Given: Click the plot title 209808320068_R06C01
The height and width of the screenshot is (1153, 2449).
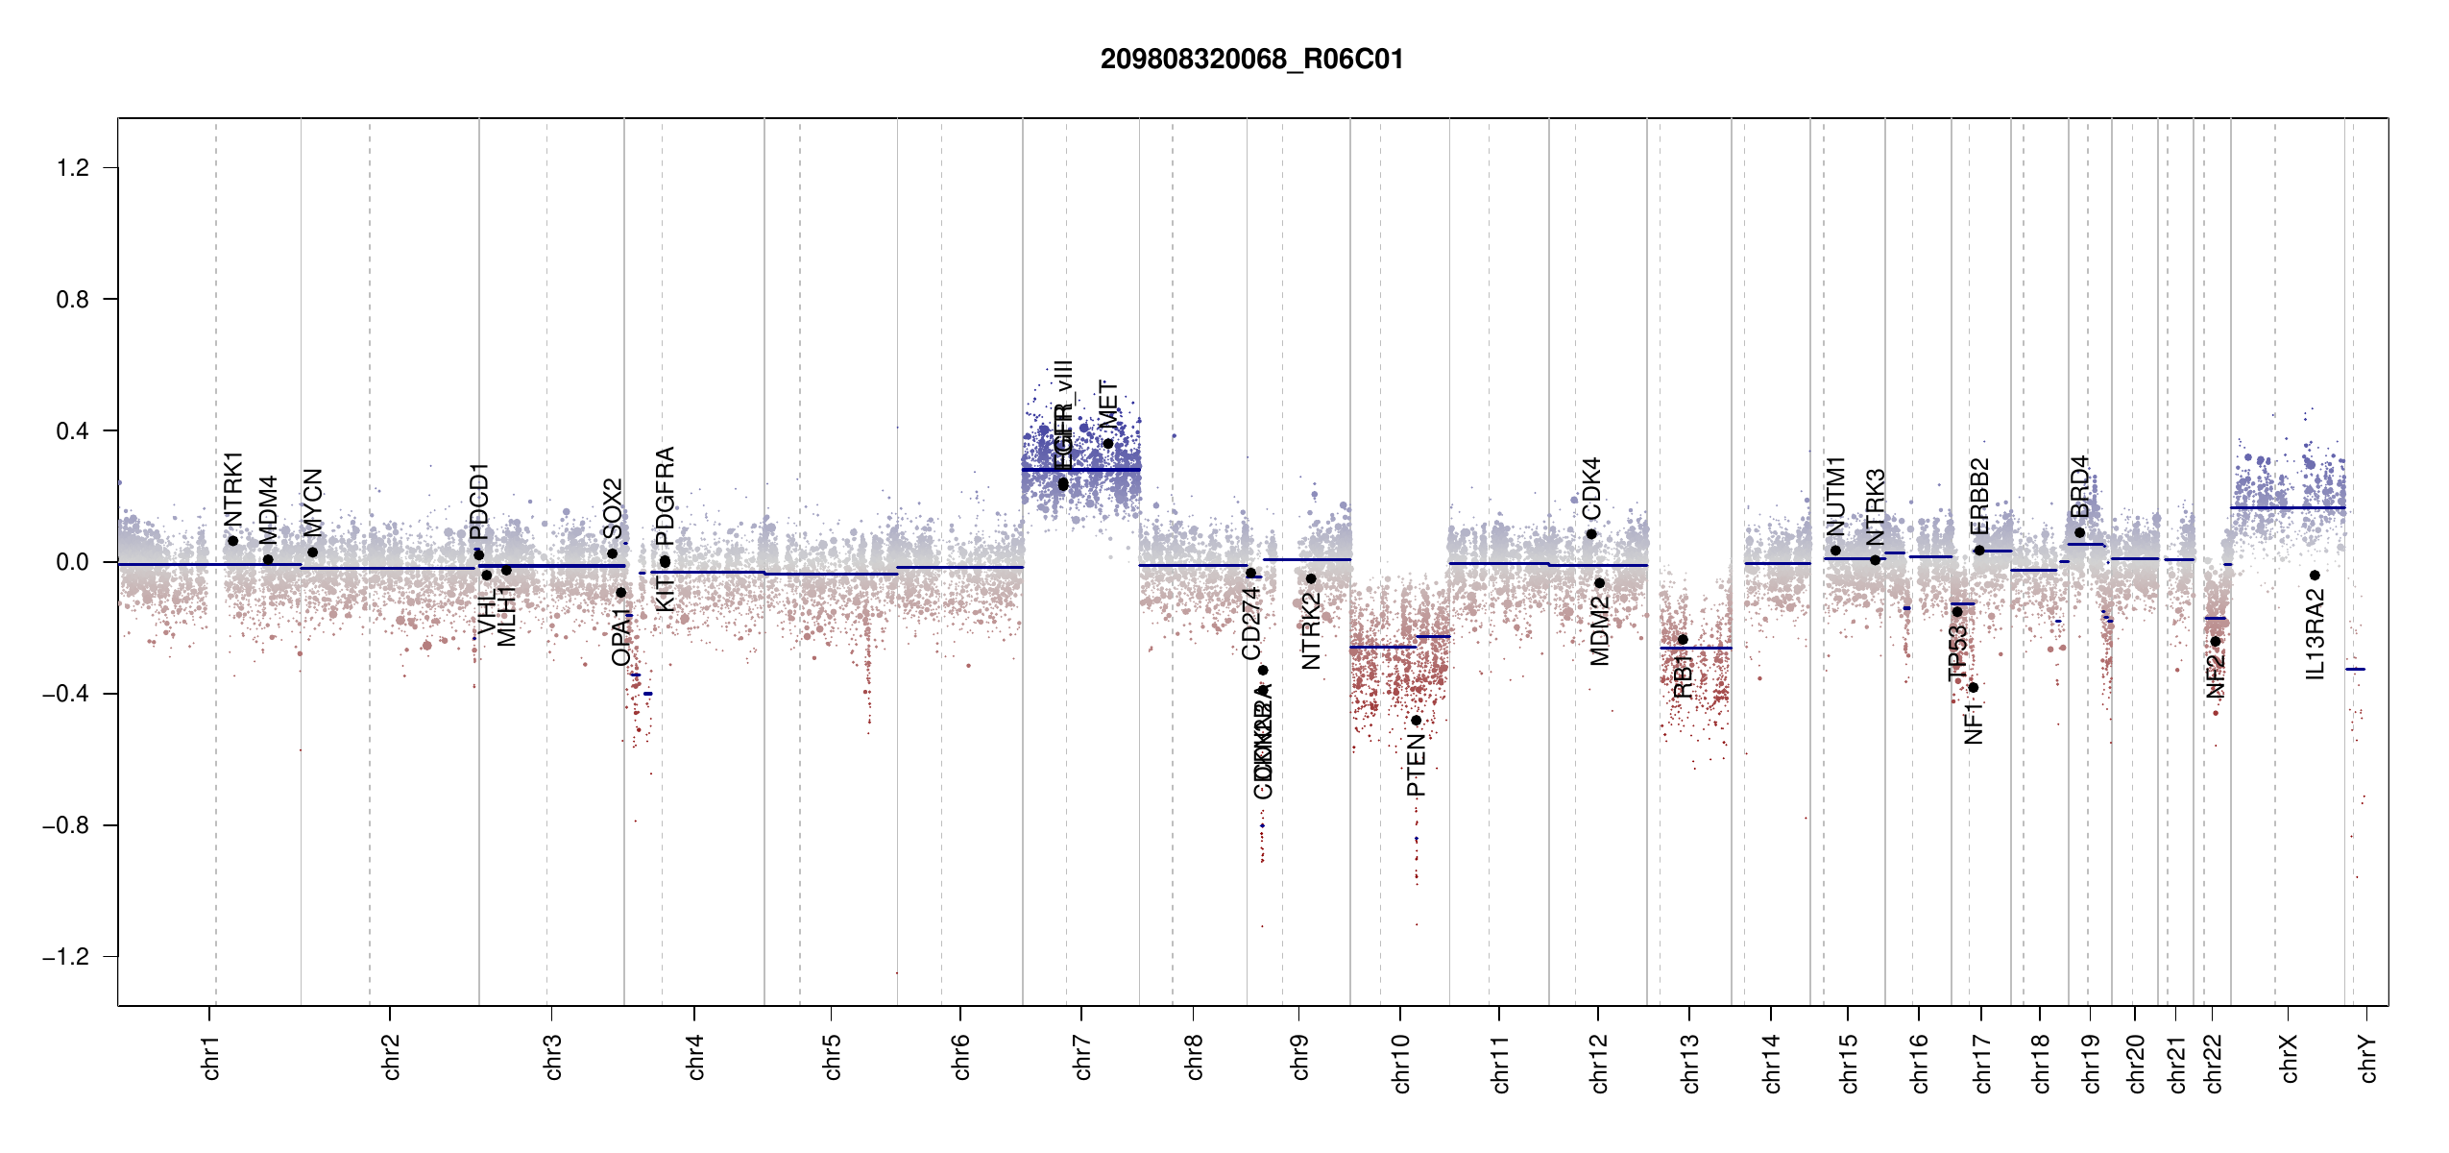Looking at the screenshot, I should (x=1251, y=60).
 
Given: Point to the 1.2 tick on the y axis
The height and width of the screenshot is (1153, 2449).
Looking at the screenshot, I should (x=73, y=168).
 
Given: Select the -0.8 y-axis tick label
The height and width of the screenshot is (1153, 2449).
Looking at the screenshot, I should (x=65, y=825).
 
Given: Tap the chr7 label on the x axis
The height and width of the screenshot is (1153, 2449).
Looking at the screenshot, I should (x=1082, y=1057).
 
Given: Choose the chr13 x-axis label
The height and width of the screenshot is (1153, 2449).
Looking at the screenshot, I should (x=1689, y=1063).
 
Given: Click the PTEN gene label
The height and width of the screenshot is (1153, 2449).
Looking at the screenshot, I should (x=1416, y=766).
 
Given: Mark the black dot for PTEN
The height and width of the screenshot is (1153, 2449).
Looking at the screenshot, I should (x=1416, y=721).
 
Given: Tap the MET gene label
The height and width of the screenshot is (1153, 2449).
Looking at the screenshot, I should (x=1108, y=405).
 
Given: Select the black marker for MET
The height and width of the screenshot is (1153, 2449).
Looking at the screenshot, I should (x=1108, y=443).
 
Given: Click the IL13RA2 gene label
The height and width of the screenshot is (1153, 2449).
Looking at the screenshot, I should (x=2315, y=635).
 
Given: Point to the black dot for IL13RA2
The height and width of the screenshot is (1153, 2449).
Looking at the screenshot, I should (x=2315, y=576).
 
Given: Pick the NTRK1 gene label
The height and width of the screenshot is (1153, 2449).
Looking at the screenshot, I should (x=233, y=489).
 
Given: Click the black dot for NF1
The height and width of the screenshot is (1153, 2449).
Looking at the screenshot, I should (x=1973, y=687).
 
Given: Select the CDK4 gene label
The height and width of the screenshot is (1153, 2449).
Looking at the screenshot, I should (x=1591, y=489).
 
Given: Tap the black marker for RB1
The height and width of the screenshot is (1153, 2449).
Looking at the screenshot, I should (x=1683, y=640).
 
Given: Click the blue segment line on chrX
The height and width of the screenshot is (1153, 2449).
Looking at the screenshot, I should (x=2287, y=507).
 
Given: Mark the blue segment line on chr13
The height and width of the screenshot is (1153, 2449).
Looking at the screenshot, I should (x=1695, y=648).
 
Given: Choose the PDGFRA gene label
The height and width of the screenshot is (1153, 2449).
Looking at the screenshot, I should (x=665, y=496).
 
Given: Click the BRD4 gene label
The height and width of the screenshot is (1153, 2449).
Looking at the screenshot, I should (x=2079, y=486).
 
